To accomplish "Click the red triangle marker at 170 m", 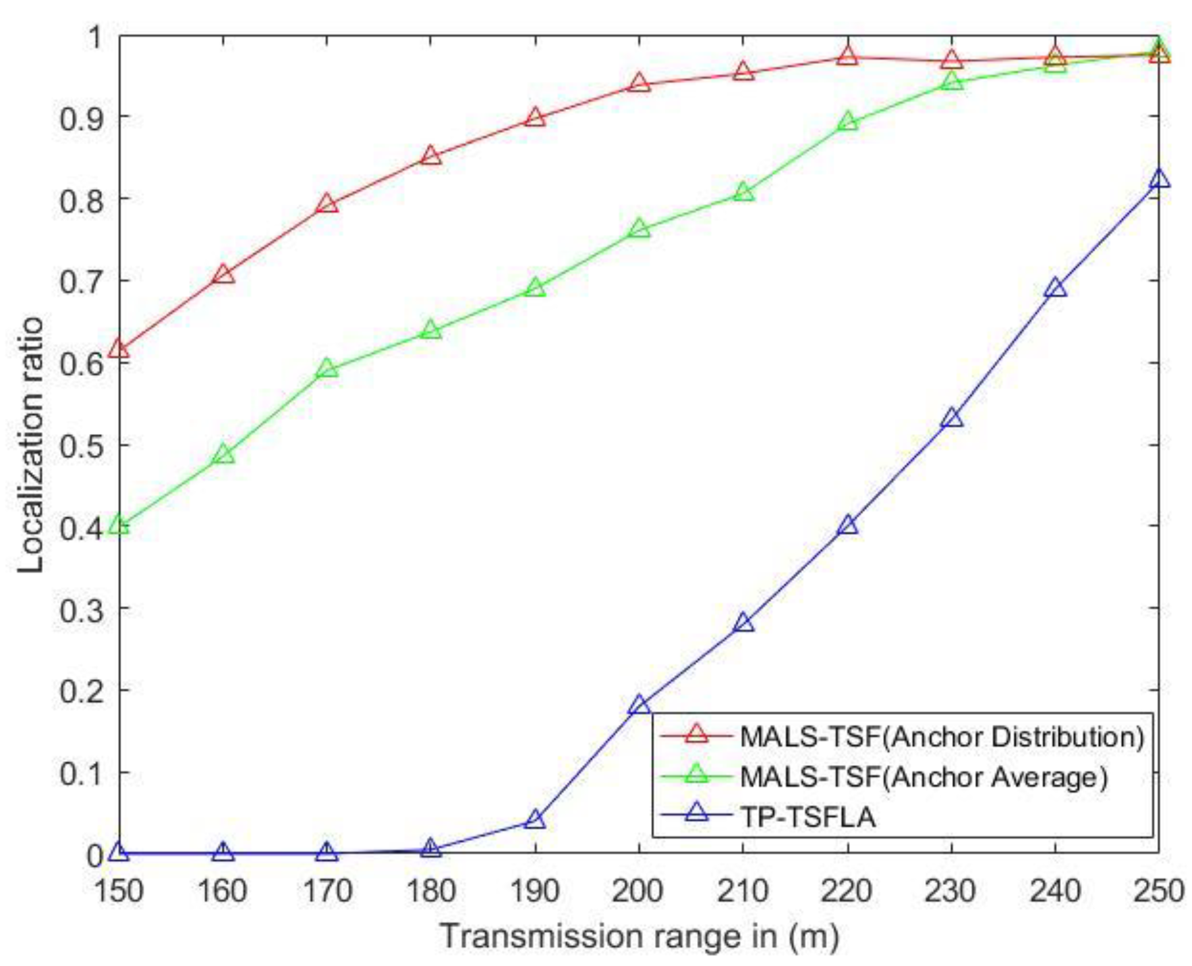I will click(327, 204).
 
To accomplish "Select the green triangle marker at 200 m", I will click(639, 229).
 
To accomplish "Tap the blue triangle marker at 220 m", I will click(848, 525).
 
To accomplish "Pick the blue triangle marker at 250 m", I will click(1159, 179).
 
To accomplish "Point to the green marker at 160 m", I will click(223, 454).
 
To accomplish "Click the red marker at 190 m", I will click(536, 118).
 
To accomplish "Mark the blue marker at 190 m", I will click(536, 820).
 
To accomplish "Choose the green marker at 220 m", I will click(848, 122).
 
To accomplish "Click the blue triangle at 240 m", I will click(1056, 288).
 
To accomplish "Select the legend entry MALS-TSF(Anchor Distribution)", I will click(942, 736).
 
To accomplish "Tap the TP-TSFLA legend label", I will click(808, 817).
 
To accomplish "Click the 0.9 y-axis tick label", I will click(82, 118).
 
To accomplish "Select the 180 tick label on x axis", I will click(431, 891).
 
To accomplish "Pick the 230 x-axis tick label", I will click(951, 891).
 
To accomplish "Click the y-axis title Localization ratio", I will click(31, 444).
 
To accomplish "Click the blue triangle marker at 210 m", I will click(744, 622).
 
